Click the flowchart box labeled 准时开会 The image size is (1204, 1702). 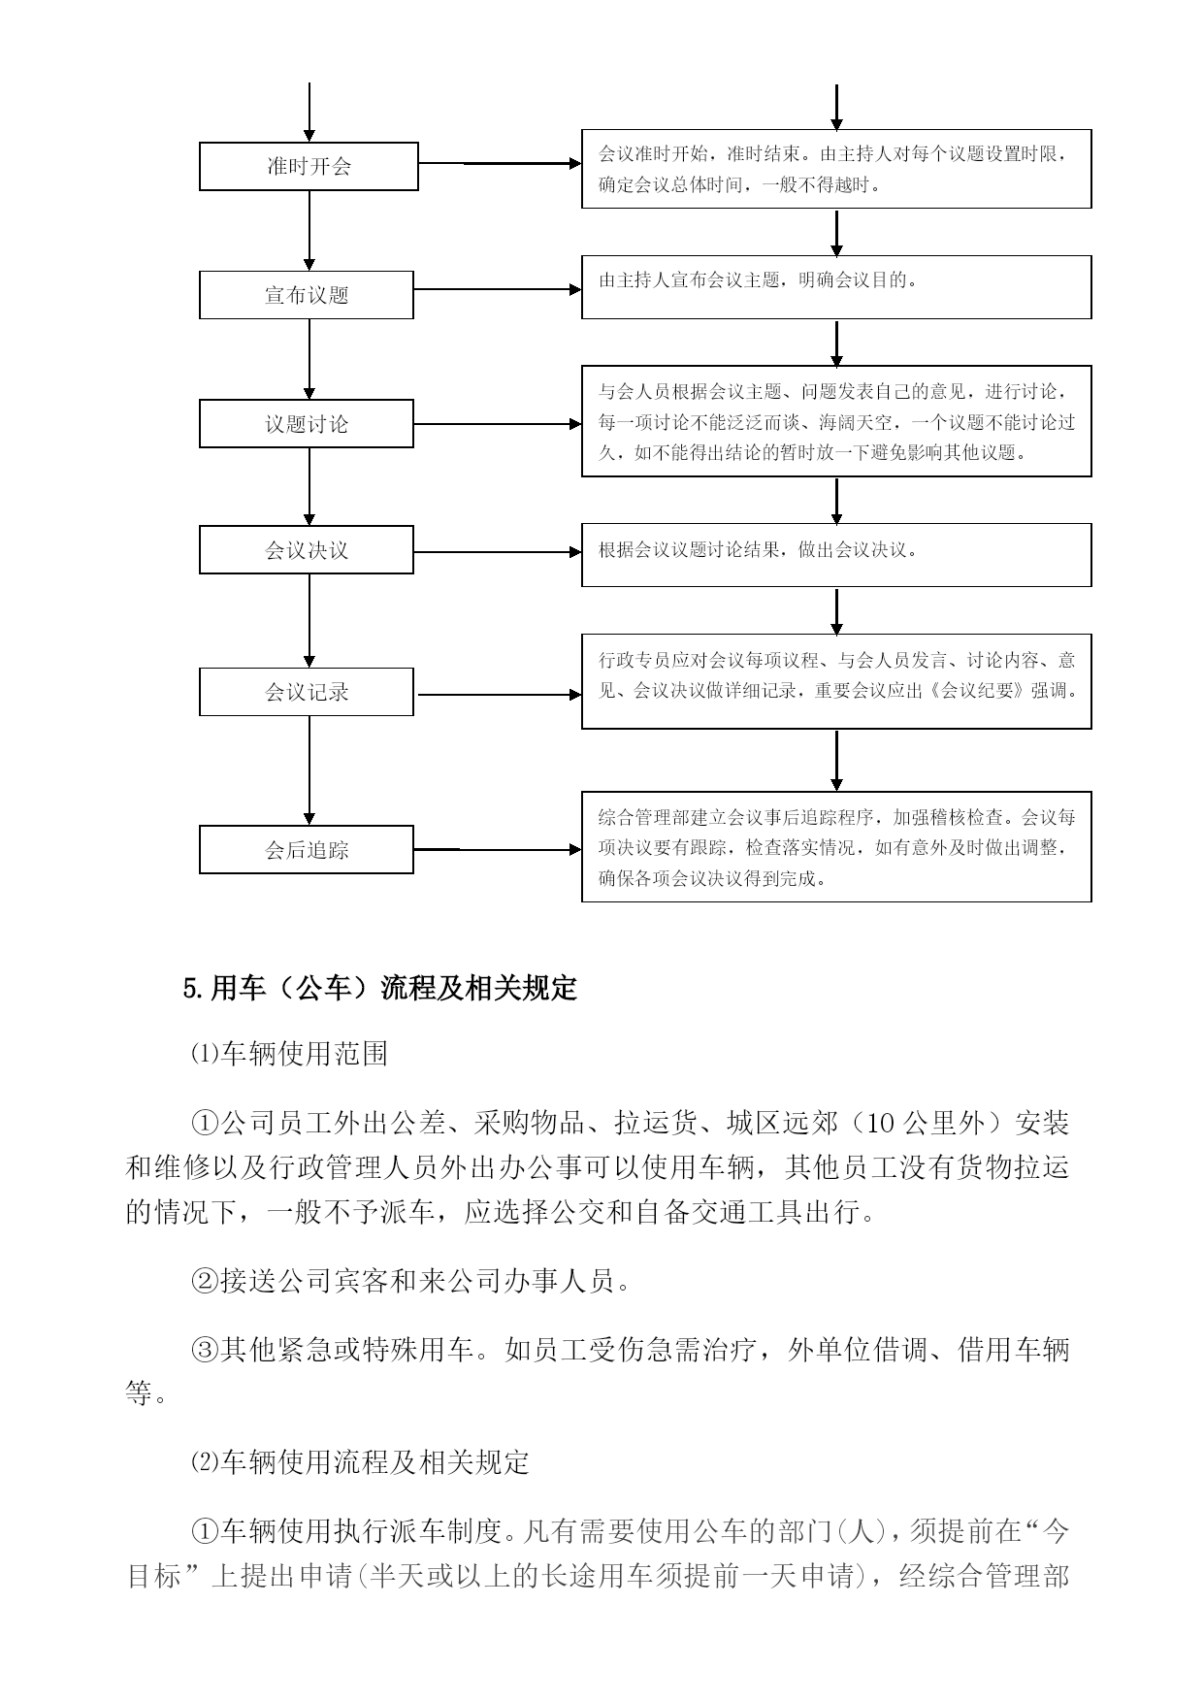tap(309, 166)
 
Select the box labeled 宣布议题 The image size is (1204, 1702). tap(307, 295)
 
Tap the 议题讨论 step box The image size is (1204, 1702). tap(307, 424)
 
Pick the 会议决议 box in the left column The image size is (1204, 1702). tap(307, 550)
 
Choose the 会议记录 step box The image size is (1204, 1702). tap(307, 692)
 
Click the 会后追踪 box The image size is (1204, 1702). tap(307, 850)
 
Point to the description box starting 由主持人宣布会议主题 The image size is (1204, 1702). tap(836, 287)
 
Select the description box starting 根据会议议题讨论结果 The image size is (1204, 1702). tap(836, 555)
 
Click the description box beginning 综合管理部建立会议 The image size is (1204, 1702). tap(836, 846)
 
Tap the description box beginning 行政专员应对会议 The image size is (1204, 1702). tap(836, 681)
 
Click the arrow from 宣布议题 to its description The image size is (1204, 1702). tap(498, 289)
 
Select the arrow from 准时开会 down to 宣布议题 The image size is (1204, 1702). tap(309, 231)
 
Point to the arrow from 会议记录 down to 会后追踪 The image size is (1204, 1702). tap(309, 771)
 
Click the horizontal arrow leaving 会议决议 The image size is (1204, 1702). tap(498, 552)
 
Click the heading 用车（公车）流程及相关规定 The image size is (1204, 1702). tap(380, 989)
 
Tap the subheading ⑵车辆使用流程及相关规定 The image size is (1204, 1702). tap(360, 1462)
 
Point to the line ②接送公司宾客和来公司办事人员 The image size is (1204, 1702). tap(411, 1281)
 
